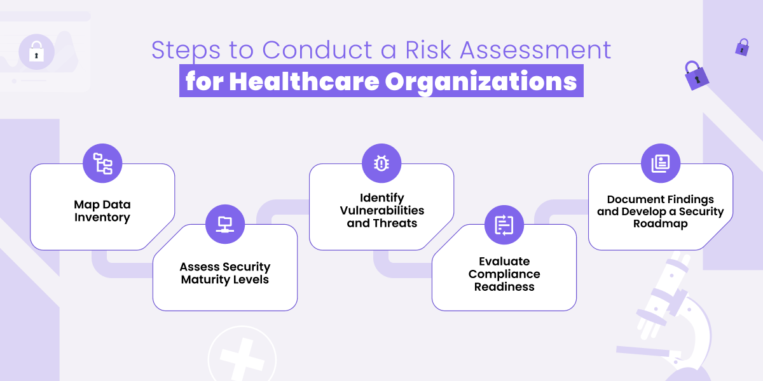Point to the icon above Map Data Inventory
(102, 163)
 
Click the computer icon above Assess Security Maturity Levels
(225, 224)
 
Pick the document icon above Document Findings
(660, 163)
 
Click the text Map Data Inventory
(102, 211)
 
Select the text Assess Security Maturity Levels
(225, 273)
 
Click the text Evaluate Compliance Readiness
(504, 274)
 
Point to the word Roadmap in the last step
(660, 224)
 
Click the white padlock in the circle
(36, 51)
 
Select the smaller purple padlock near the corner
(742, 47)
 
